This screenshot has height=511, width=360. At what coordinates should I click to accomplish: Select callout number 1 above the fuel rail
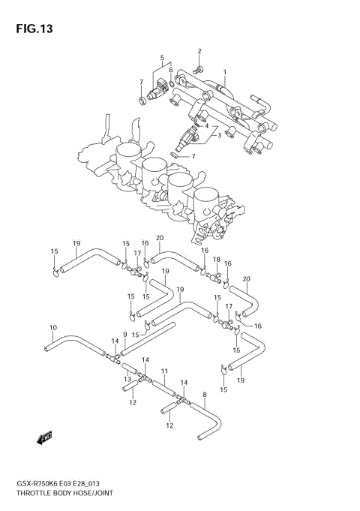point(223,73)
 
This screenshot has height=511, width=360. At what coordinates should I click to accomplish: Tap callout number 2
point(200,51)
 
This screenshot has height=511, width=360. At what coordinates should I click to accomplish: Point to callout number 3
point(219,136)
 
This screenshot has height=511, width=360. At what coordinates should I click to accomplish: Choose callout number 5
point(161,57)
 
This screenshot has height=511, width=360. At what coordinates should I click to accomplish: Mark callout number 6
point(170,71)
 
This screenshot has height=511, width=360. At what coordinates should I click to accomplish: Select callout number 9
point(124,335)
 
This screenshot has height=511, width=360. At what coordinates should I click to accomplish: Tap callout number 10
point(52,327)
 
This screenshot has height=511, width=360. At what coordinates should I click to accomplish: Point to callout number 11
point(163,371)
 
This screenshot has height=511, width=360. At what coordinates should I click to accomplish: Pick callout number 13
point(127,379)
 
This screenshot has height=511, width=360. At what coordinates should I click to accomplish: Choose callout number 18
point(216,260)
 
